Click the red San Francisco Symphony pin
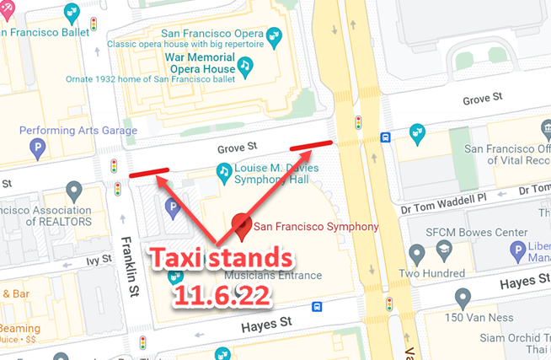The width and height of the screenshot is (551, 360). (x=243, y=224)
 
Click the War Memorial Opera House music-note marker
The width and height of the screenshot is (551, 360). (x=244, y=64)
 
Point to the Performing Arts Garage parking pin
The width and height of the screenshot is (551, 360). (x=37, y=148)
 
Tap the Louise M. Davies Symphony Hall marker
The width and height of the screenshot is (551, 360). (x=224, y=173)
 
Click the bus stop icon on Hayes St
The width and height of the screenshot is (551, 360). (x=317, y=308)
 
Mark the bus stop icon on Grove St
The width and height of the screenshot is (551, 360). (x=385, y=137)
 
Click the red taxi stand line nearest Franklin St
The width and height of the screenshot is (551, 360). (x=148, y=174)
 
